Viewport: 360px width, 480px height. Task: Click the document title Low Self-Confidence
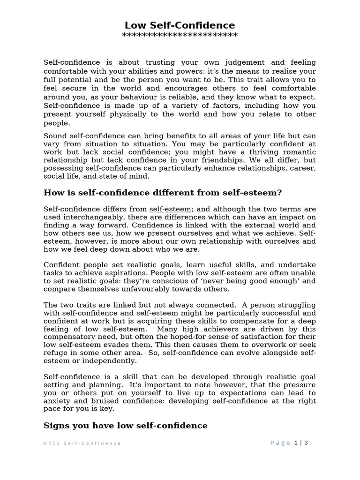[x=180, y=25]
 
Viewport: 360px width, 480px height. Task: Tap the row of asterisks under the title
[x=180, y=36]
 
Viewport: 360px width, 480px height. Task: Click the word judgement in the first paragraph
[x=245, y=62]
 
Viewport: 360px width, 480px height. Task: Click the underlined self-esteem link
[x=170, y=209]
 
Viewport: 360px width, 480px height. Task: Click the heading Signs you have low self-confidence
[x=125, y=426]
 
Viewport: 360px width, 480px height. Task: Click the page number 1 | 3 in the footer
[x=300, y=443]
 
